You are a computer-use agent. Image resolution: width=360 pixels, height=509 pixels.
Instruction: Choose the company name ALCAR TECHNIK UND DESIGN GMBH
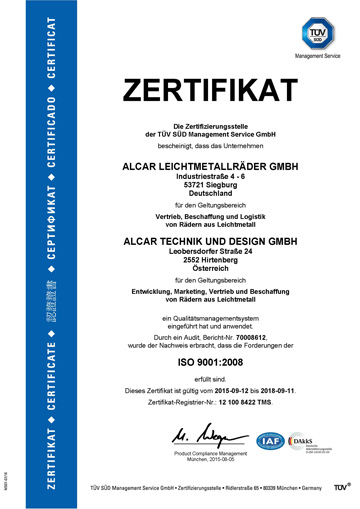pos(194,241)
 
